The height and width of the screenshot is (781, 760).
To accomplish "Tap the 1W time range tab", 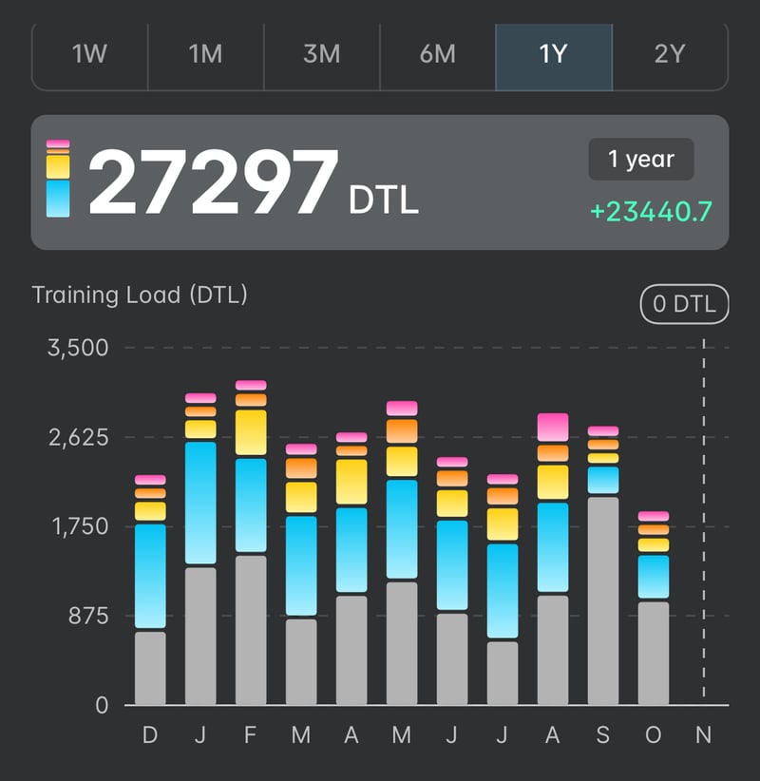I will (90, 54).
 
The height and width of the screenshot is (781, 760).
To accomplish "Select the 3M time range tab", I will (322, 54).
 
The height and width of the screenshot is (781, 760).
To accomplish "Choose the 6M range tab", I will (438, 54).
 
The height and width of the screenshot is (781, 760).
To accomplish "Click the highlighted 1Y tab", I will (554, 54).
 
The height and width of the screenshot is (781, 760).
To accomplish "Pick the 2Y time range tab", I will (670, 54).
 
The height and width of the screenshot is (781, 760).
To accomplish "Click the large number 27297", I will (213, 182).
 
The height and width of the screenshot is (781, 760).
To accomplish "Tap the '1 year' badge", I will (641, 160).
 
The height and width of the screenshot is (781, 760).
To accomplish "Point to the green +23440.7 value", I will (651, 212).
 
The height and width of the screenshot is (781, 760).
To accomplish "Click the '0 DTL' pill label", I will (684, 305).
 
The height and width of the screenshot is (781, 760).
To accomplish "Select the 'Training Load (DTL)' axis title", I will (140, 295).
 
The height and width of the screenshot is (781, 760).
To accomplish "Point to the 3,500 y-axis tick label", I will (78, 347).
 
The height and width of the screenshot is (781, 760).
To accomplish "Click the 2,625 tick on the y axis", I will (78, 437).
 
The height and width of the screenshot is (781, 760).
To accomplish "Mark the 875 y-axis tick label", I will (89, 616).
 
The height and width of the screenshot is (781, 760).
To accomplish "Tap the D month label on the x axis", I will (150, 737).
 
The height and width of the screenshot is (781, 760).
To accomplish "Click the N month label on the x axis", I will (703, 737).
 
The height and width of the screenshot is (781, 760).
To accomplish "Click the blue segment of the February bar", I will (251, 505).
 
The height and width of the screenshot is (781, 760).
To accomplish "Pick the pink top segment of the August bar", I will (553, 427).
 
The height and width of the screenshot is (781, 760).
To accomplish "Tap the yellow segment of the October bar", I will (654, 545).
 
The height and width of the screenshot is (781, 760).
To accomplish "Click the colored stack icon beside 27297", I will (58, 179).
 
